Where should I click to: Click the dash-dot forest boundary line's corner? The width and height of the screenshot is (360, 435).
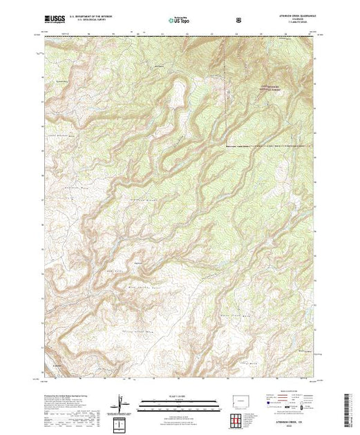[x=225, y=146]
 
